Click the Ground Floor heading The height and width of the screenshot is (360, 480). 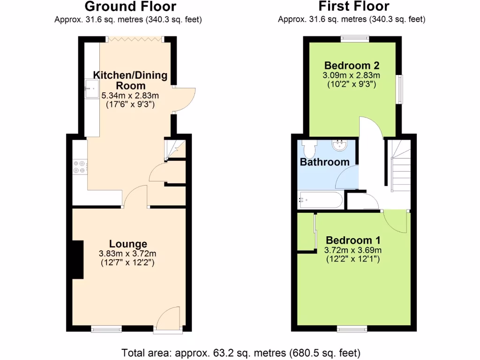pos(130,7)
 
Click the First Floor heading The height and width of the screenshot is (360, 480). pos(354,7)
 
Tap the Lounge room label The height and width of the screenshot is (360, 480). pos(128,244)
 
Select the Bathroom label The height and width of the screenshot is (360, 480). pos(324,162)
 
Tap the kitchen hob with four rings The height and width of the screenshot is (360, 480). pos(79,166)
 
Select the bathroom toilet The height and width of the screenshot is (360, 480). pos(308,149)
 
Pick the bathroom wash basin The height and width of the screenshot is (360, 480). pos(340,145)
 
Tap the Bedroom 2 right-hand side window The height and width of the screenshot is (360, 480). pos(400,89)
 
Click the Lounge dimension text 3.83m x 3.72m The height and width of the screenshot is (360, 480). pos(127,254)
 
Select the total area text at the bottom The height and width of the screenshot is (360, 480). pos(240,352)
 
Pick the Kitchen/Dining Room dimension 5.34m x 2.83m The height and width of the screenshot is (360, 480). pos(130,96)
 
